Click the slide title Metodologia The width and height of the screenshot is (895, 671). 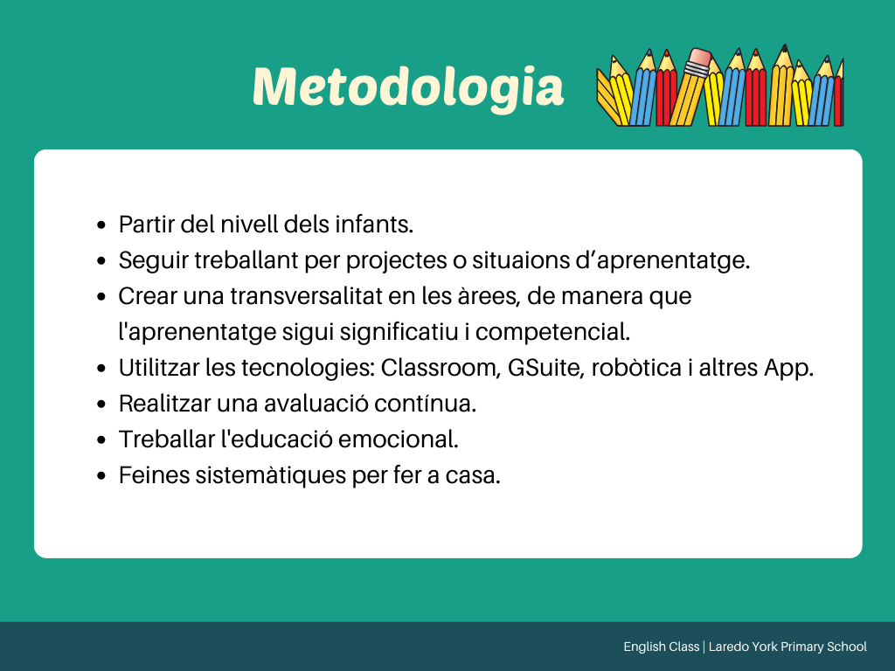[x=407, y=86]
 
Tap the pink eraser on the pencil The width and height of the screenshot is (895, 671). [x=700, y=58]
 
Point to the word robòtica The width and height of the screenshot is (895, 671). [x=636, y=368]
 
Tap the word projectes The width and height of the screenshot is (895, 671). [x=397, y=260]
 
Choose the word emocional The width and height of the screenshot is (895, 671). [x=399, y=439]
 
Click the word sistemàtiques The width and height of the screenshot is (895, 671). [x=271, y=475]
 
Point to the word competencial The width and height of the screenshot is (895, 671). [x=552, y=332]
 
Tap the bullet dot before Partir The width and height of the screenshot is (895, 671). [x=101, y=225]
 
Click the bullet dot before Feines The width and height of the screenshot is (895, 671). [x=101, y=476]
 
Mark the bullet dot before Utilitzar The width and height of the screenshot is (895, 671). [x=101, y=369]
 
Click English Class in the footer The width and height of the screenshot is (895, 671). [x=662, y=647]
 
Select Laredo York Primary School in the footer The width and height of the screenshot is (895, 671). [x=787, y=647]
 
